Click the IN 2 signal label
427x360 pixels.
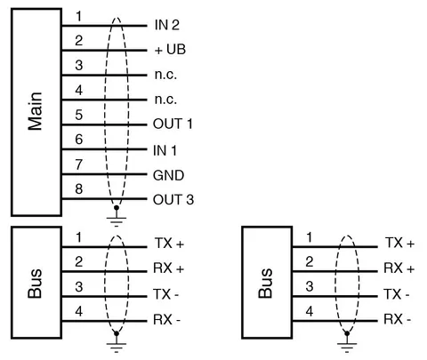point(167,25)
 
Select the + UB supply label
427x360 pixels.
point(170,50)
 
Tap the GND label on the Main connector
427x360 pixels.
point(168,175)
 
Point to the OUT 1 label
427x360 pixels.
point(173,124)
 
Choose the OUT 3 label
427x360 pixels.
point(173,200)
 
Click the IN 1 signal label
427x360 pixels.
point(165,151)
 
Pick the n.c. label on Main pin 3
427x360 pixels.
point(165,75)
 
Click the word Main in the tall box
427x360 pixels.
point(36,111)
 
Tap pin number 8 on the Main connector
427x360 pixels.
point(78,188)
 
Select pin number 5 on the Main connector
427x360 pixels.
point(78,115)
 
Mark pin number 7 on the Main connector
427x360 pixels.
point(78,164)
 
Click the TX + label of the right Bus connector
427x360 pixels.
point(399,243)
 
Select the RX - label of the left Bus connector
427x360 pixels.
point(166,320)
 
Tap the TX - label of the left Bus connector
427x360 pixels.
point(166,294)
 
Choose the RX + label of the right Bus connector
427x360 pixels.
point(399,268)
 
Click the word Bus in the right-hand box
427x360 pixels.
point(266,283)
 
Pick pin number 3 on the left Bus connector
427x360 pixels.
point(78,287)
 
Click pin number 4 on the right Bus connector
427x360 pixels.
point(310,311)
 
